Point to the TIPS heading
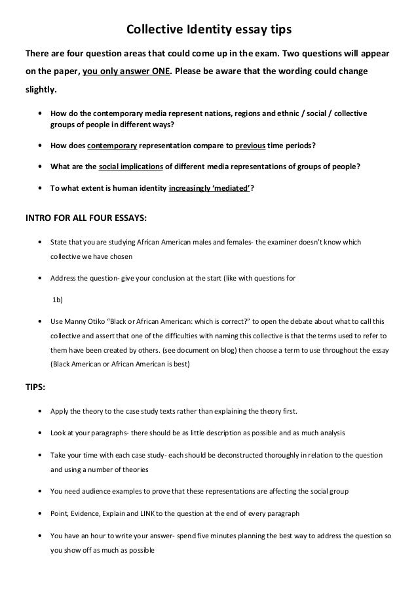pos(35,387)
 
